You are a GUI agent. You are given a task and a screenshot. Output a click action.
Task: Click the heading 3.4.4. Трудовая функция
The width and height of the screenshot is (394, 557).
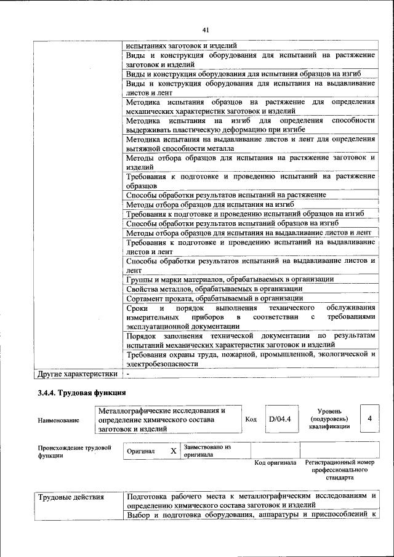click(81, 392)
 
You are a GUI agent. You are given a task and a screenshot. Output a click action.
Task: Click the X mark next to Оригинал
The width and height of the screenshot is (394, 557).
click(173, 451)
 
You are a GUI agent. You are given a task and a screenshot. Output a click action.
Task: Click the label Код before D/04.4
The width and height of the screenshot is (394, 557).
click(251, 419)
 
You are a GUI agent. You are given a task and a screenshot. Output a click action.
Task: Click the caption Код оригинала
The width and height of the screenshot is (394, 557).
click(275, 462)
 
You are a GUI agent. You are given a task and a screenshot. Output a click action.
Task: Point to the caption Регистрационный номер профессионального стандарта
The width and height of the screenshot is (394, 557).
click(339, 470)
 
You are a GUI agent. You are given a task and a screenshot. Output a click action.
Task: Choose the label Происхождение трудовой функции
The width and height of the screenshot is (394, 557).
click(74, 451)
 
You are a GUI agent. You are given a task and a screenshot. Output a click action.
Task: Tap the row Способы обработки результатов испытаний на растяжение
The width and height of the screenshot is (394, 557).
click(226, 194)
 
